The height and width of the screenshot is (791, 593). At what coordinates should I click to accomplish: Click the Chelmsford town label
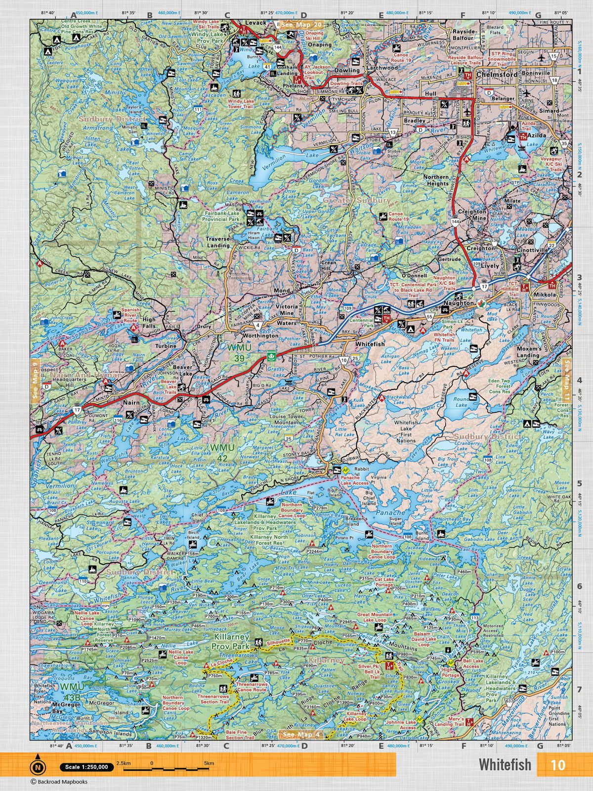coord(497,74)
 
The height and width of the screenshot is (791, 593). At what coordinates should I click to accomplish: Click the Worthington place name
coord(261,336)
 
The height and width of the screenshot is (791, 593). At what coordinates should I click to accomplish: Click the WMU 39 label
coord(239,352)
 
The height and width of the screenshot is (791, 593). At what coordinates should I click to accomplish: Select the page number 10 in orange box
coord(557,764)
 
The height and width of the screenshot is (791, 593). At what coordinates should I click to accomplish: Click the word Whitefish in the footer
coord(504,764)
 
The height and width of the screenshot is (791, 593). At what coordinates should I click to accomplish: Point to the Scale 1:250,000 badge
coord(85,767)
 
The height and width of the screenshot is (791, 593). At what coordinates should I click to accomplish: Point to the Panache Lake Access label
coord(354,480)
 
